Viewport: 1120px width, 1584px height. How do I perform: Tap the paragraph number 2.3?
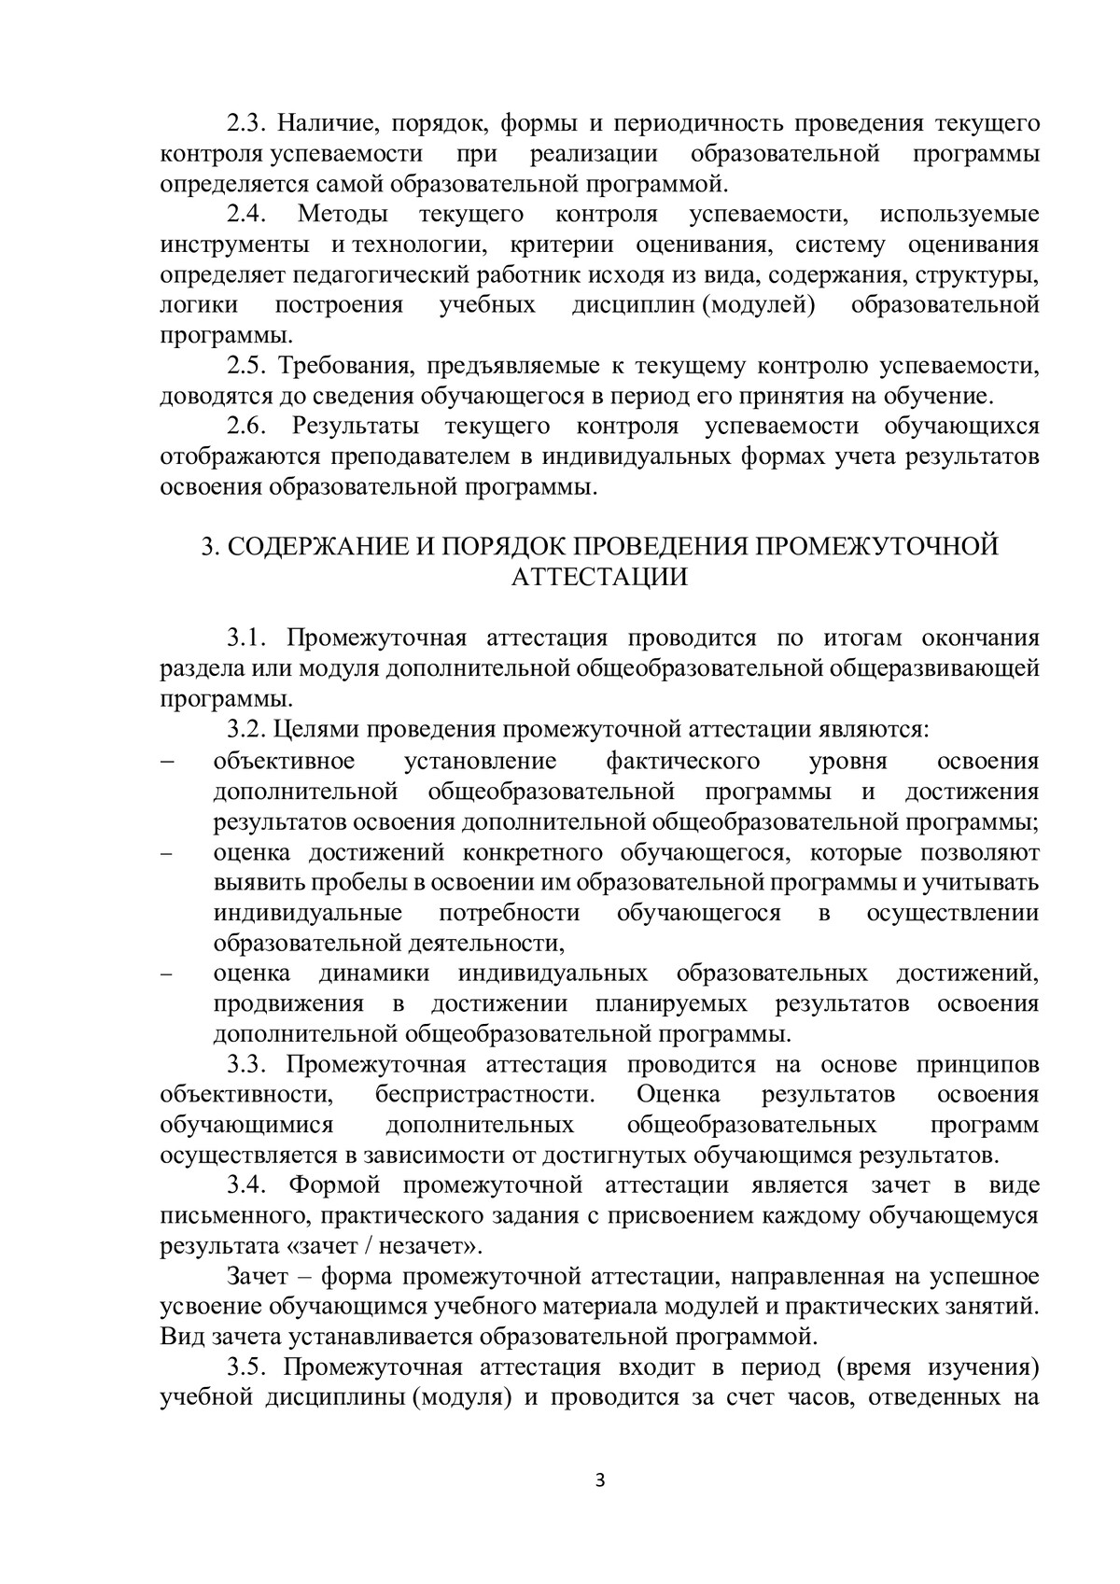247,124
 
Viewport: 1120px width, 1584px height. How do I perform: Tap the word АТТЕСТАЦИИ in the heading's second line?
600,577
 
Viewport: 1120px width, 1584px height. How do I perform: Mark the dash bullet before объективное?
168,761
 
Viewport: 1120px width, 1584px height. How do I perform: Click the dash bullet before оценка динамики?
168,974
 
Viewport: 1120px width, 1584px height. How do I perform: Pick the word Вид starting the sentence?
181,1337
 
